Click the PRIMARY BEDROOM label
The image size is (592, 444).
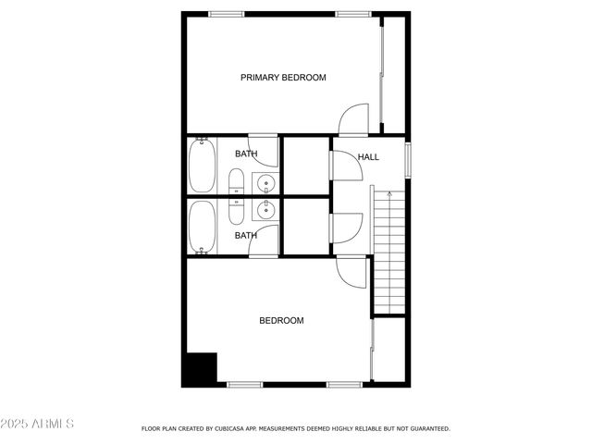[283, 78]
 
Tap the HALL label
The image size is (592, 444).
[368, 157]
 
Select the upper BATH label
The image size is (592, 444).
[246, 154]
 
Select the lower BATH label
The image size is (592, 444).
[246, 235]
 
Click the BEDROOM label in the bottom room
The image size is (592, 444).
[281, 321]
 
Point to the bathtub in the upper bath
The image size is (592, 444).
[203, 165]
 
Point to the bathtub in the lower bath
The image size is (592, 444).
[203, 227]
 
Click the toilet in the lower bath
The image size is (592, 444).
[236, 211]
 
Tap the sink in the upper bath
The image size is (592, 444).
[265, 181]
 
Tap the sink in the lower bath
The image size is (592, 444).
[265, 211]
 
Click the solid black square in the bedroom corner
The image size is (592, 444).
[199, 369]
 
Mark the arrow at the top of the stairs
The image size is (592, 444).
[388, 195]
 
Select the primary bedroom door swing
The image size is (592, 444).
[355, 118]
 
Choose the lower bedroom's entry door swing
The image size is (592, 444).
[351, 271]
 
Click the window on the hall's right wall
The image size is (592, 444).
[408, 158]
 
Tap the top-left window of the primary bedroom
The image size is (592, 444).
[227, 13]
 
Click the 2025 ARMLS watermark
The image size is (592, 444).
[38, 424]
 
